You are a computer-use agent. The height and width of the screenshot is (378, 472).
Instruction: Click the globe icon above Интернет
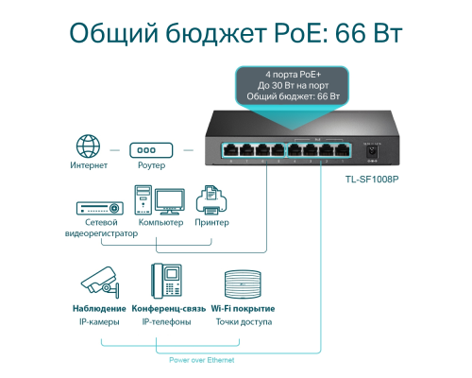tap(89, 146)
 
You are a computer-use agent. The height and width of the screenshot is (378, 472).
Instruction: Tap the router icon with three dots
tap(151, 150)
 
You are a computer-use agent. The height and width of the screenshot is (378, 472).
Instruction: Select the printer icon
tap(211, 199)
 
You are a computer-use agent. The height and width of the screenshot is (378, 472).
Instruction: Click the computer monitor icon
tap(170, 201)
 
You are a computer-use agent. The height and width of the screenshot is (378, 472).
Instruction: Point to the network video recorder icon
tap(100, 208)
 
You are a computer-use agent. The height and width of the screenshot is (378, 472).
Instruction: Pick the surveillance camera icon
tap(100, 283)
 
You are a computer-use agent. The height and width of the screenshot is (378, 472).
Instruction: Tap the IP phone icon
tap(166, 281)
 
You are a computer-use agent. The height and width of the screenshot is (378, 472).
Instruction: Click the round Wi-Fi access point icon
tap(243, 284)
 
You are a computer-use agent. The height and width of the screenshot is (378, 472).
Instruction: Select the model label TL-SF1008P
tap(372, 180)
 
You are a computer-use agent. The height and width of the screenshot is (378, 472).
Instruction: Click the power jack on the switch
tap(372, 152)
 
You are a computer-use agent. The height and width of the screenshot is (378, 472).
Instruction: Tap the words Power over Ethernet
tap(202, 360)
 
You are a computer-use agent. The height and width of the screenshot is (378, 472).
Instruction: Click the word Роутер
tap(151, 165)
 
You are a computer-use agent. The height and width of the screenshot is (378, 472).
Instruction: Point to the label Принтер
tap(211, 222)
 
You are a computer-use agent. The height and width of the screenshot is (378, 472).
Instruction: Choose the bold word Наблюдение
tap(99, 309)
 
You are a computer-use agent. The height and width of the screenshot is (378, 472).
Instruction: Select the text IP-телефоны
tap(166, 322)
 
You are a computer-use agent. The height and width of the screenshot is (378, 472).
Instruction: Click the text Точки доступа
tap(244, 322)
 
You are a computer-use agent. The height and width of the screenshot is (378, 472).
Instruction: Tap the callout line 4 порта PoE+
tap(293, 75)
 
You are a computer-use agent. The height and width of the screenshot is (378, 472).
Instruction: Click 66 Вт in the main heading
tap(368, 33)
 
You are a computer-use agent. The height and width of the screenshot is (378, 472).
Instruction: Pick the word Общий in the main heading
tap(113, 33)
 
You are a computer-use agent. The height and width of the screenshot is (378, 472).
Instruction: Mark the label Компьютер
tap(160, 222)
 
